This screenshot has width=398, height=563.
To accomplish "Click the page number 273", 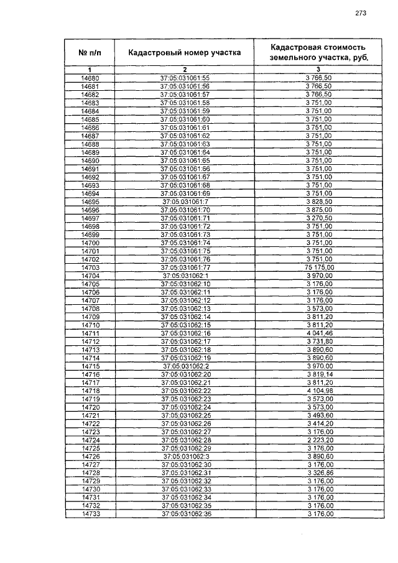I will coord(360,13).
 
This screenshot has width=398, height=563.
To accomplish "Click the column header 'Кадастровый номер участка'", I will coord(185,53).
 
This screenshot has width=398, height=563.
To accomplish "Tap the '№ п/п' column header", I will coord(90,53).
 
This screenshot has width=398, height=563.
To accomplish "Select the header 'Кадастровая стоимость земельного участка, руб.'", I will coord(318,52).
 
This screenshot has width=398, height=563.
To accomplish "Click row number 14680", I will coord(90,78).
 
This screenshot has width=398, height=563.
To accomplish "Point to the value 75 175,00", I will coord(319,267).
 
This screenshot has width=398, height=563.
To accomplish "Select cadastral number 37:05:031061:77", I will coord(185,267).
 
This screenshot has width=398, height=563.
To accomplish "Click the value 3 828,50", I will coord(319,202).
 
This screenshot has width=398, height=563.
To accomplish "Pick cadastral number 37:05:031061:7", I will coord(185,202).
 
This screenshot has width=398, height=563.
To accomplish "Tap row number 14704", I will coord(90,276).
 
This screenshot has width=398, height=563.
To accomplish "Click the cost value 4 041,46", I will coord(319,333).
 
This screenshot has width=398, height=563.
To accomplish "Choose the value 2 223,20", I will coord(319,440).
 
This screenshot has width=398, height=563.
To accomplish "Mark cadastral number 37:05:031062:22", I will coord(185,391).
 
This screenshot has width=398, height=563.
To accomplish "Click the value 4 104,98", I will coord(319,391).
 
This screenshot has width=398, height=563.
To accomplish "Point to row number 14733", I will coord(90,514).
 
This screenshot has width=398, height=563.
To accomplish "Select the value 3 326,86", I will coord(319,473).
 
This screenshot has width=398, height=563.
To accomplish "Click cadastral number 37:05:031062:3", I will coord(185,456).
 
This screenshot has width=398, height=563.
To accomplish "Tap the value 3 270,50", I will coord(319,218).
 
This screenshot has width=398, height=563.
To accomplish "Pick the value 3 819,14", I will coord(319,374).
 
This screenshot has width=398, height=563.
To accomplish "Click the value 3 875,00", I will coord(319,210).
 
